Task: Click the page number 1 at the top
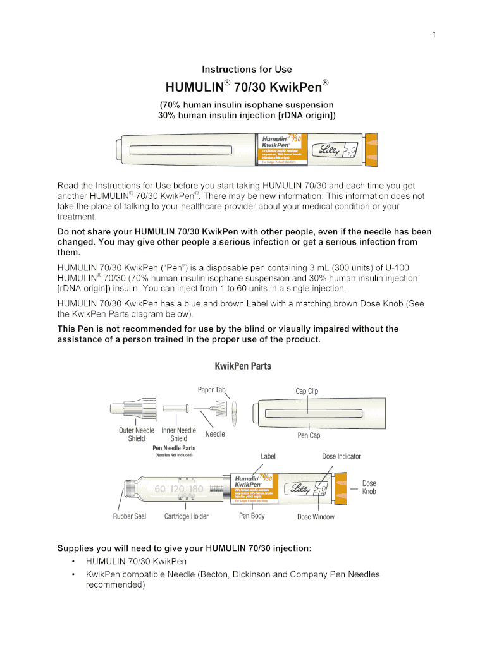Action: point(434,35)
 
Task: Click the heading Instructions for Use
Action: point(247,70)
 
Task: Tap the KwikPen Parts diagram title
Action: point(244,366)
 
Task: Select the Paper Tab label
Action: point(212,390)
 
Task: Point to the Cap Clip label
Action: point(307,391)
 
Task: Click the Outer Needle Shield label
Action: point(136,434)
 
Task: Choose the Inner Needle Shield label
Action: point(179,434)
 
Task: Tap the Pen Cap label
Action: point(309,435)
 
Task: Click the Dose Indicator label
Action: point(342,456)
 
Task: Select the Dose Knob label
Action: point(369,487)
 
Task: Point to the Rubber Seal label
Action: point(130,516)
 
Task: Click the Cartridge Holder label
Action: point(186,516)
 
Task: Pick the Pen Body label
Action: point(252,516)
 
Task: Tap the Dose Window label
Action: point(316,517)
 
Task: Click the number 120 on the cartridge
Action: point(178,489)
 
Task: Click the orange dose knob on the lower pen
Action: point(341,489)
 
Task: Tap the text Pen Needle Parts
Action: point(174,448)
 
